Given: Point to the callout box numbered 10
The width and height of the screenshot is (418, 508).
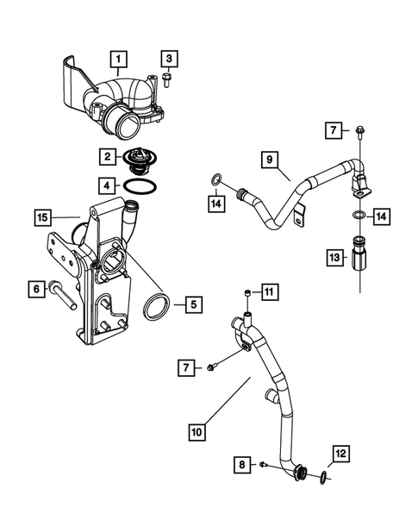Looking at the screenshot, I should (x=197, y=428).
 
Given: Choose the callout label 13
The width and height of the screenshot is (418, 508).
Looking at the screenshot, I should (x=333, y=256).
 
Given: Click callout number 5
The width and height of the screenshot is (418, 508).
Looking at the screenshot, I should (x=193, y=304).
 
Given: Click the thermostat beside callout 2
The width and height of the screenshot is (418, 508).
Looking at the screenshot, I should (x=137, y=159).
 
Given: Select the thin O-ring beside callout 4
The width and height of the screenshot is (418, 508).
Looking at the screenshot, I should (x=139, y=186).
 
